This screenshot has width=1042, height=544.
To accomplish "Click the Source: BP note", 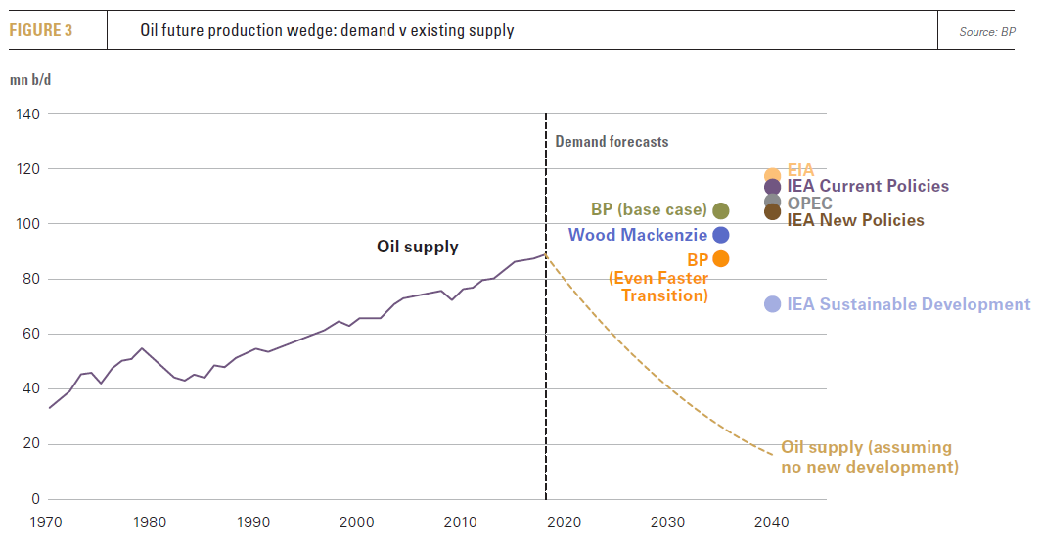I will [x=987, y=32].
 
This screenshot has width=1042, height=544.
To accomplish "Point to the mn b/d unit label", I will [x=30, y=79].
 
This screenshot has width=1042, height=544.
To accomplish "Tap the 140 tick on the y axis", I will [x=27, y=114].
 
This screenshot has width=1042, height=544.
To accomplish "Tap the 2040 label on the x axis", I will [x=772, y=521].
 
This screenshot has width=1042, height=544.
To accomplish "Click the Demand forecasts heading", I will [x=612, y=142].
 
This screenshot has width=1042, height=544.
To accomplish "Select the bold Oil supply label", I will [x=418, y=247].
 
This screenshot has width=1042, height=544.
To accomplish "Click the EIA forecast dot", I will [x=772, y=175].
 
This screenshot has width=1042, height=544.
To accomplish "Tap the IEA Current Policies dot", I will [x=772, y=187].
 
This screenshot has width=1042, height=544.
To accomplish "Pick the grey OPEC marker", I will [x=772, y=202].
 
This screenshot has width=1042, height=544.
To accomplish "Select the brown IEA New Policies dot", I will [x=772, y=212].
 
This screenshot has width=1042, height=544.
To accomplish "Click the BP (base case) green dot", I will [x=721, y=210].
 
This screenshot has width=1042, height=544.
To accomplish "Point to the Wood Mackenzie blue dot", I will [x=721, y=235].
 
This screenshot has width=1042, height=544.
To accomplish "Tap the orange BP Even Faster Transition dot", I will [x=721, y=259].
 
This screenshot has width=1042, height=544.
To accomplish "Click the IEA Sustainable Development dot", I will [x=772, y=304].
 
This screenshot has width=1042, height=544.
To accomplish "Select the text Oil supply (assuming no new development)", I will [x=869, y=457].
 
